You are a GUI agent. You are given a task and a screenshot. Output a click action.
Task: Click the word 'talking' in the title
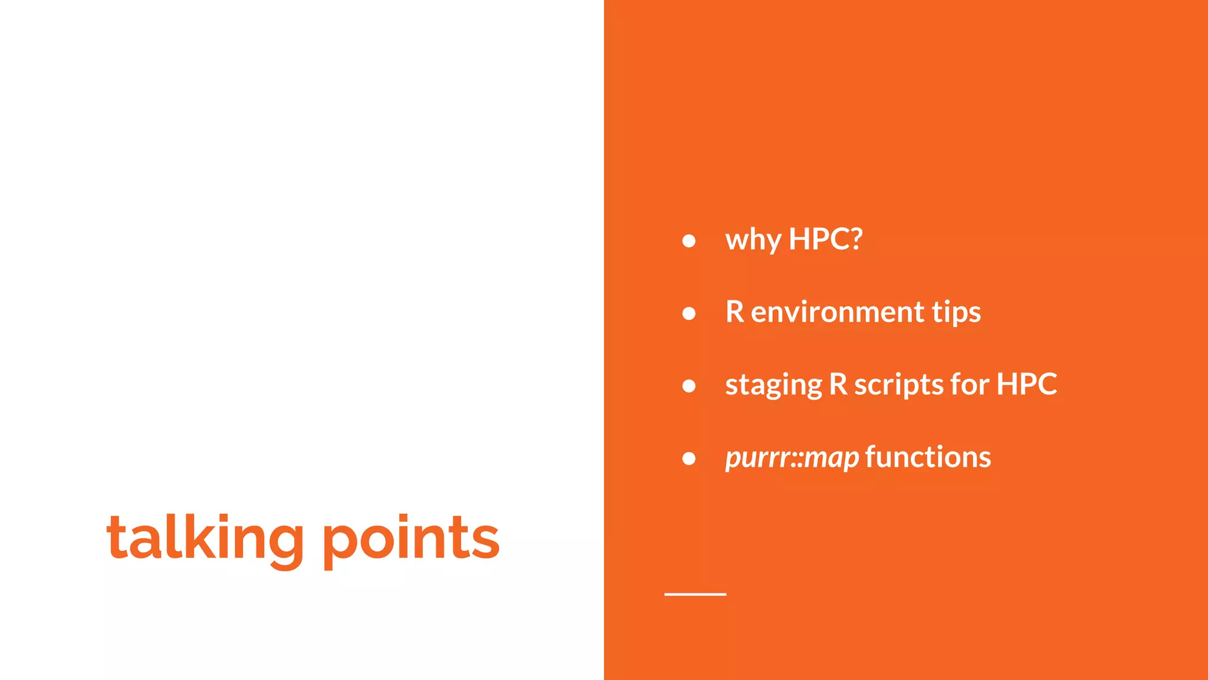point(205,538)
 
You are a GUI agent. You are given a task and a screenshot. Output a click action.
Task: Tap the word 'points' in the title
point(411,538)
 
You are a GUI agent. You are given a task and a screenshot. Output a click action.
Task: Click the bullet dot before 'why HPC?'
point(688,241)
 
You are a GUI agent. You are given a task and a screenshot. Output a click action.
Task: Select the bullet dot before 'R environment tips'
point(688,313)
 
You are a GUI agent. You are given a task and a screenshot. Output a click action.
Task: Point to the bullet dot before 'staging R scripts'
point(688,386)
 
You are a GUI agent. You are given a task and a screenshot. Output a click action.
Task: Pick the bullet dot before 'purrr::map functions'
point(688,459)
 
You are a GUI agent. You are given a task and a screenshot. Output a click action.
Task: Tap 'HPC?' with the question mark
point(825,239)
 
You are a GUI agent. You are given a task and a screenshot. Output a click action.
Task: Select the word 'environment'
point(837,312)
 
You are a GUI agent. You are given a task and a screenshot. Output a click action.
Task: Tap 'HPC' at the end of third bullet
point(1026,384)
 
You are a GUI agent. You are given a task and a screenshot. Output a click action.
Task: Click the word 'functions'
point(928,457)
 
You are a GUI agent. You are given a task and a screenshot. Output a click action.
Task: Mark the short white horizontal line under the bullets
point(695,594)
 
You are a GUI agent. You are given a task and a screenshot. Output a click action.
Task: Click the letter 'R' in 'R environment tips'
point(735,312)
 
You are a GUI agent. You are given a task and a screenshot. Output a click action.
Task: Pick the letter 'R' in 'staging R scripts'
point(838,384)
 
